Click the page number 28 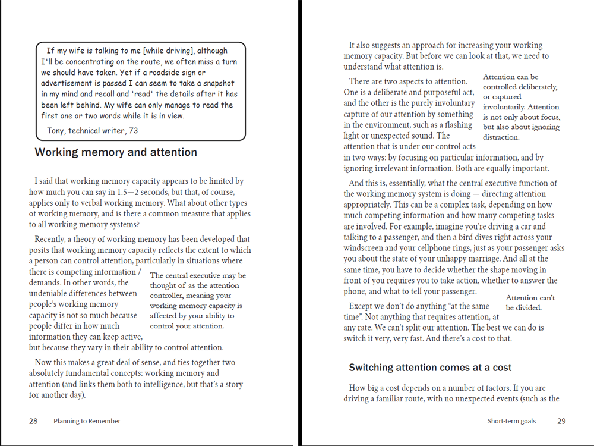point(33,421)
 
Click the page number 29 point(561,421)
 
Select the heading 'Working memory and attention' point(116,152)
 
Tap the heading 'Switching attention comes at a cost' point(430,368)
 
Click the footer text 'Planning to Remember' point(87,421)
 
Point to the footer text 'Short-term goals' point(511,421)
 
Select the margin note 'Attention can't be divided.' point(530,303)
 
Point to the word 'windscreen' point(364,248)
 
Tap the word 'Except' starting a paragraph point(362,306)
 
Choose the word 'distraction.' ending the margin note point(501,137)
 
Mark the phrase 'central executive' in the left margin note point(194,276)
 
